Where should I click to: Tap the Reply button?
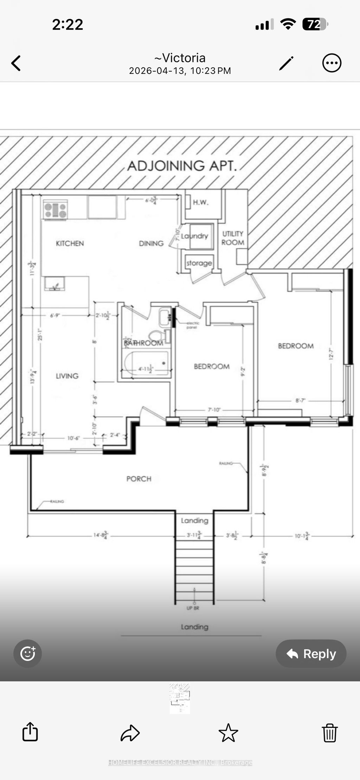[311, 654]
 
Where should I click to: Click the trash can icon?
[330, 733]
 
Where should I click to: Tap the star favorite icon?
[228, 733]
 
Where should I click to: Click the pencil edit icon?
[286, 63]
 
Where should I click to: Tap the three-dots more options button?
[332, 63]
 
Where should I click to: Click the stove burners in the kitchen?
[55, 210]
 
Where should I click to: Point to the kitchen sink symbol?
[54, 284]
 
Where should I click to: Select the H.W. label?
[200, 202]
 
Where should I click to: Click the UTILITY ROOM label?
[233, 238]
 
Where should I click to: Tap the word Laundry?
[195, 236]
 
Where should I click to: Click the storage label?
[199, 263]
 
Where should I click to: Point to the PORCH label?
[139, 479]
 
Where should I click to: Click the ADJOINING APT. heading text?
[182, 166]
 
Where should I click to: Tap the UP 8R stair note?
[193, 608]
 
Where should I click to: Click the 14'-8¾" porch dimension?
[101, 535]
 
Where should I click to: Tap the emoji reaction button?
[28, 654]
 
